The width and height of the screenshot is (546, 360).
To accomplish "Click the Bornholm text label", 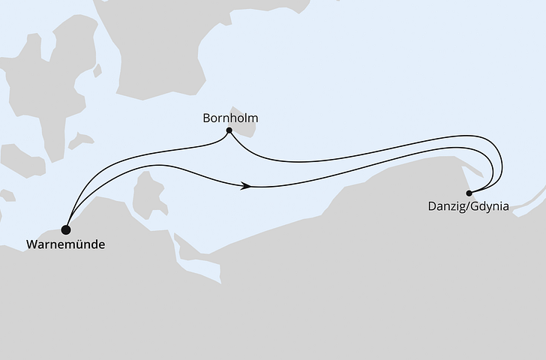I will pos(230,118).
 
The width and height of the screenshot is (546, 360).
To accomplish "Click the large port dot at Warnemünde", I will pos(67,229).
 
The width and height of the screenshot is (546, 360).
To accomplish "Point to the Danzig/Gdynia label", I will pos(468,207).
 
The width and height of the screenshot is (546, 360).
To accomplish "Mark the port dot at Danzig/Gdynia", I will pos(469,193).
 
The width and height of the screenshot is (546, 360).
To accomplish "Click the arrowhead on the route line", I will pos(246,185).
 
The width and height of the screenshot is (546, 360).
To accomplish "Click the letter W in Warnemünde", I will pos(31,244).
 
